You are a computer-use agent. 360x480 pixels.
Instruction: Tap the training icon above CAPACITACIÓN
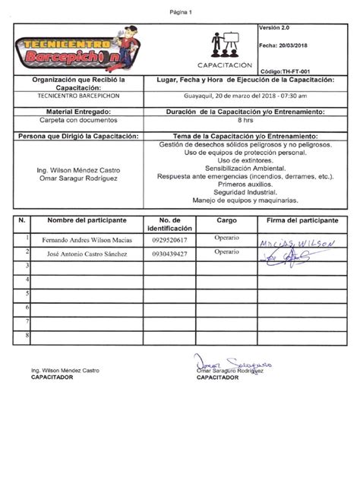(225, 44)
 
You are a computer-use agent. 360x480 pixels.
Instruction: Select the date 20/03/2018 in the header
(294, 46)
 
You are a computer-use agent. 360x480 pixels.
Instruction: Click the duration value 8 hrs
(245, 120)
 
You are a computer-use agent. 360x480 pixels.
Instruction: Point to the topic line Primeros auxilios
(245, 185)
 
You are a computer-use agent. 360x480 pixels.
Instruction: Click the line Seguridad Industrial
(245, 193)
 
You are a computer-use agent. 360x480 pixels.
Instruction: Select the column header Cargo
(227, 220)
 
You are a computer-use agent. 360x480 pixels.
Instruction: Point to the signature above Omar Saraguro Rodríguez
(228, 362)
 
